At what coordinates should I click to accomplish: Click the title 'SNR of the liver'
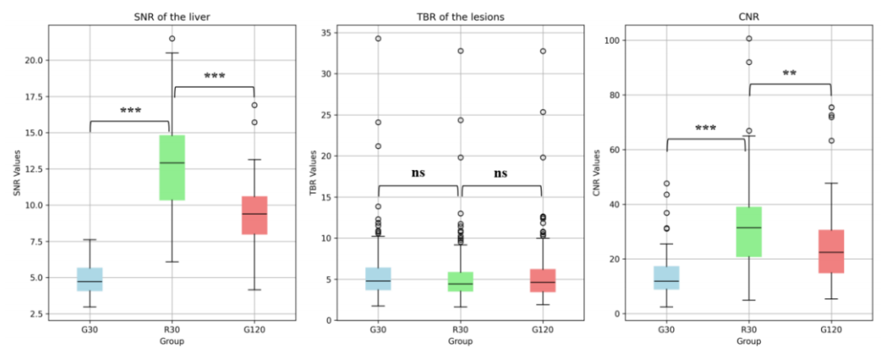pyautogui.click(x=172, y=16)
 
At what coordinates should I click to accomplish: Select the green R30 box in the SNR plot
pyautogui.click(x=172, y=168)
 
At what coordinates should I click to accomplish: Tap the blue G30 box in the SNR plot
pyautogui.click(x=90, y=279)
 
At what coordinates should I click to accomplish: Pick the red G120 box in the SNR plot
pyautogui.click(x=254, y=215)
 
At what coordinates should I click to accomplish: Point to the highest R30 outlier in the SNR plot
pyautogui.click(x=172, y=39)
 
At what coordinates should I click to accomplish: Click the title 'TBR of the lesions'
pyautogui.click(x=460, y=16)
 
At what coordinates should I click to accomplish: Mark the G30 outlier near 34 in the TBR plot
pyautogui.click(x=378, y=39)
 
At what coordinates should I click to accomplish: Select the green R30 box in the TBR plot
pyautogui.click(x=460, y=282)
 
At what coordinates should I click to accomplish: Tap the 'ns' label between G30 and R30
pyautogui.click(x=418, y=173)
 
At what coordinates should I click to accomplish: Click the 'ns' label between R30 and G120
pyautogui.click(x=501, y=173)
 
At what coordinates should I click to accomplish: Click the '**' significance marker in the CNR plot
pyautogui.click(x=789, y=73)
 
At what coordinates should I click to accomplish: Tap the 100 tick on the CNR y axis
pyautogui.click(x=613, y=41)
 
